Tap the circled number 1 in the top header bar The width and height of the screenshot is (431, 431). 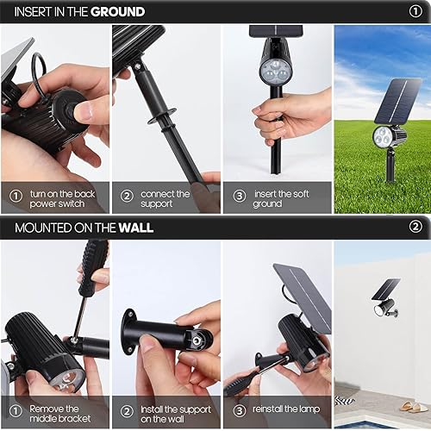tap(415, 12)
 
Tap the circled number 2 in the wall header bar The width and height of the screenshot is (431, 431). tap(415, 228)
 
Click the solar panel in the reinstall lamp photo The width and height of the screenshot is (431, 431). tap(303, 293)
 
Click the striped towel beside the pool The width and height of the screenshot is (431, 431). tap(346, 402)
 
